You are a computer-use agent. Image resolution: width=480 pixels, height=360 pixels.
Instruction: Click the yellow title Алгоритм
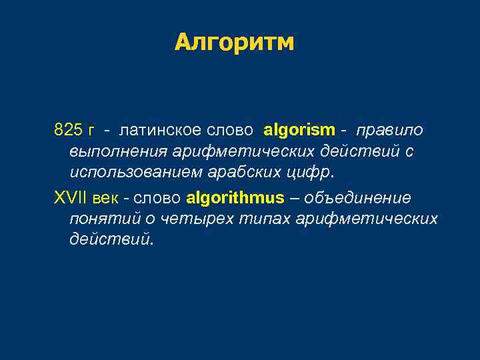click(x=234, y=43)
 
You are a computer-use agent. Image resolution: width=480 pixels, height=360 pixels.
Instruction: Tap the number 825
click(x=67, y=129)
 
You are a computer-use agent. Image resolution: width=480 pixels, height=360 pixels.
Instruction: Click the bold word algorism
click(x=299, y=129)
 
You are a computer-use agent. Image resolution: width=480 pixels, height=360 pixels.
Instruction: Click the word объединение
click(x=358, y=198)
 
